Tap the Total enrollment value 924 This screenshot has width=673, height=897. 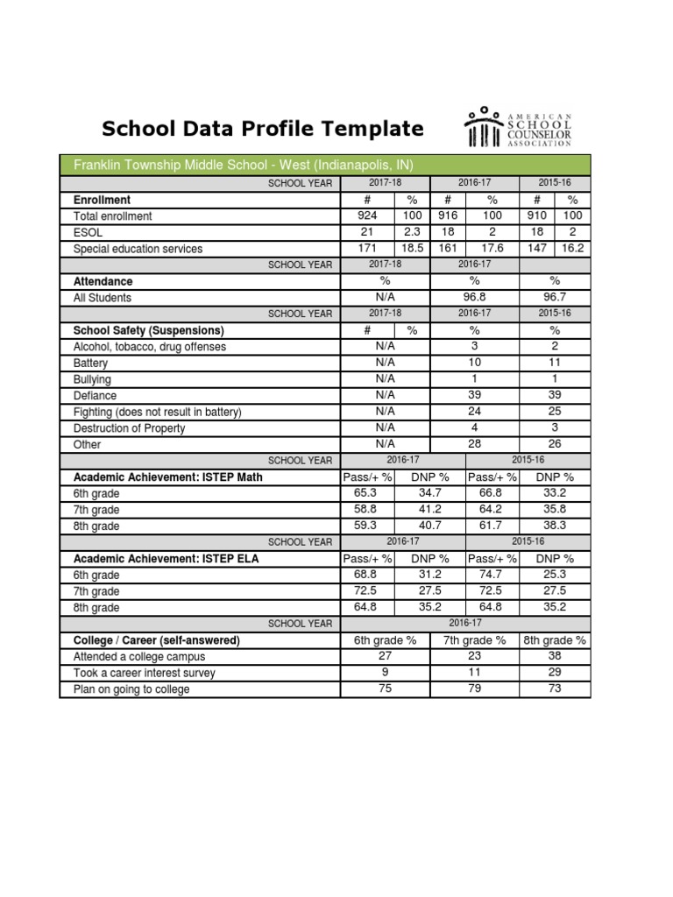point(367,215)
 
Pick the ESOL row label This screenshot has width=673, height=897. point(88,232)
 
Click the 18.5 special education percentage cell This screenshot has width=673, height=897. point(411,249)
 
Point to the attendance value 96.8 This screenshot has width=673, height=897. point(473,298)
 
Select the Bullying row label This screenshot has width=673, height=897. point(93,379)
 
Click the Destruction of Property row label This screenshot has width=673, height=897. point(129,428)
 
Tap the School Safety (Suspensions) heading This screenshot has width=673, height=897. point(149,330)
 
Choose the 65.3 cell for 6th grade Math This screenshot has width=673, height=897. point(367,494)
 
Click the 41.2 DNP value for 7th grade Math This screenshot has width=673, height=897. point(429,510)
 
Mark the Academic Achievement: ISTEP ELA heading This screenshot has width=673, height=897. point(166,559)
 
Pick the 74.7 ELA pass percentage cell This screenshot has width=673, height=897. point(492,575)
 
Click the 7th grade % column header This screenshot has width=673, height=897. point(474,640)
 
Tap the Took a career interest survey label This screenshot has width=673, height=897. point(144,673)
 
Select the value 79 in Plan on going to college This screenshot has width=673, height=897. point(474,689)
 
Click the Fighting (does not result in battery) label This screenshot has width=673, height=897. point(157,412)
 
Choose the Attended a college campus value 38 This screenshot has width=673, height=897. point(555,656)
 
